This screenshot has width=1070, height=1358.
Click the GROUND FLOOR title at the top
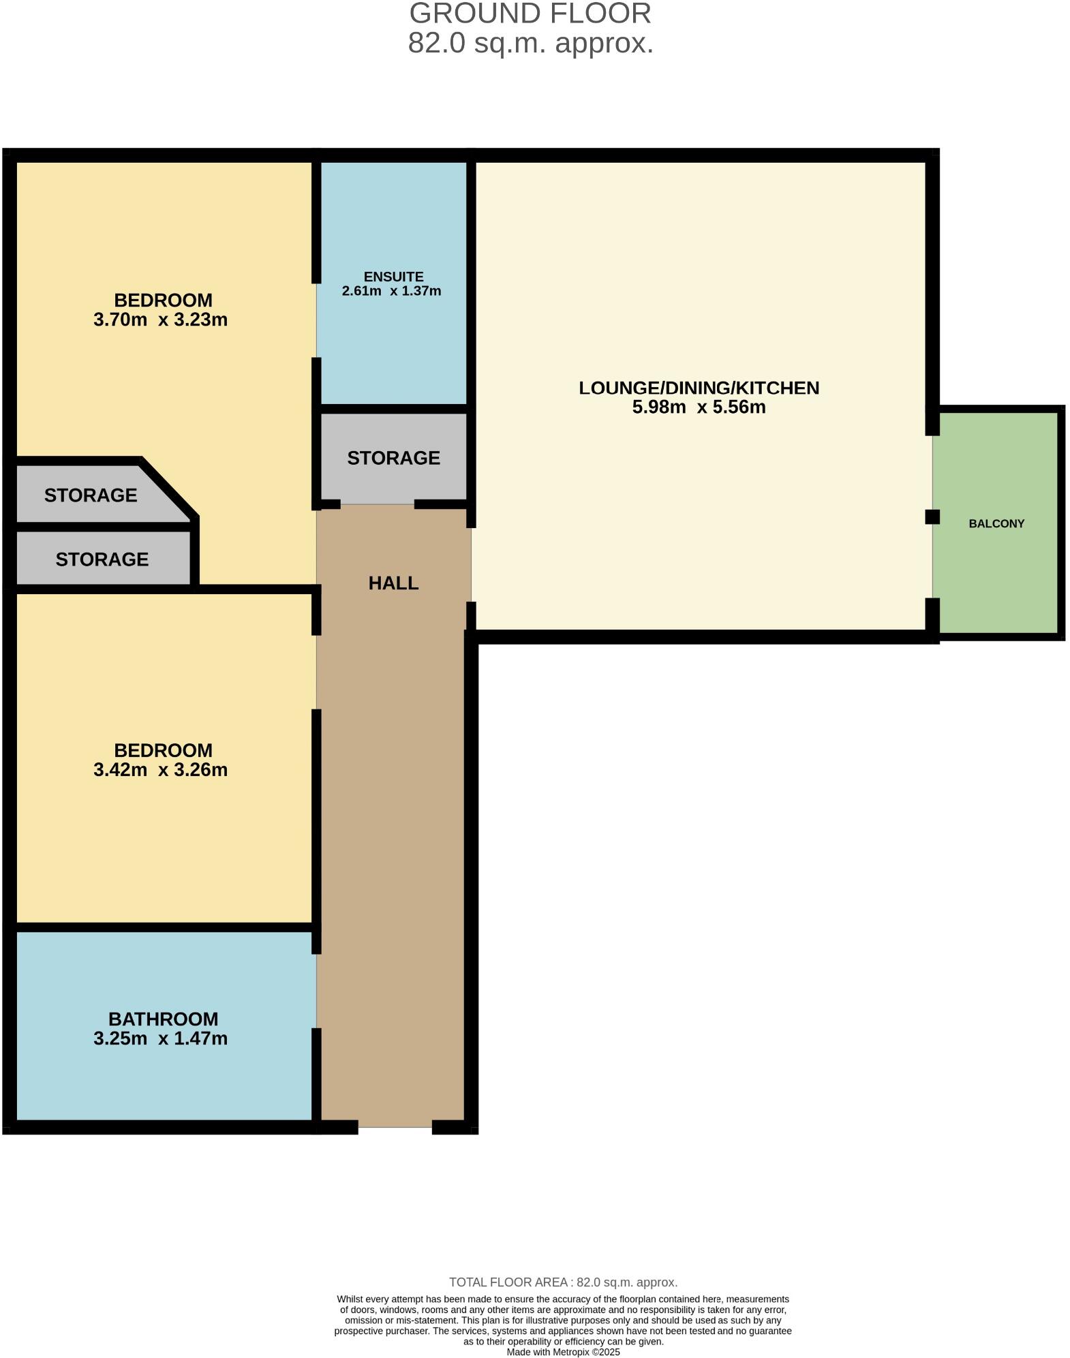coord(530,14)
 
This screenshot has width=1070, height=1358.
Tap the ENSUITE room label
coord(393,277)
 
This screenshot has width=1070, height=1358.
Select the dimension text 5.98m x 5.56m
coord(699,407)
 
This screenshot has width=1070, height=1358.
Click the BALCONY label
coord(996,524)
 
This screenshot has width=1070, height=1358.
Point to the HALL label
coord(393,583)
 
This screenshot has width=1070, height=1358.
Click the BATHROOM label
coord(163,1019)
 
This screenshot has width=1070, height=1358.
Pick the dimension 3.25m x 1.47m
coord(160,1039)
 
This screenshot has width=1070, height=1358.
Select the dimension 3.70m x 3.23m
coord(160,320)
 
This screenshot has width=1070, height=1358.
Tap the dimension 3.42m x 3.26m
coord(160,770)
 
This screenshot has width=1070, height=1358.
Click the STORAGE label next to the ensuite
coord(393,458)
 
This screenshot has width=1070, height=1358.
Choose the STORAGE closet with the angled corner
coord(91,495)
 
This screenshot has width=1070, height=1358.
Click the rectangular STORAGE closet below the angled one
coord(102,559)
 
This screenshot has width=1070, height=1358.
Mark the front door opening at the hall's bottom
coord(395,1128)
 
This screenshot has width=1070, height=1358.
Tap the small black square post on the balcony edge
coord(932,517)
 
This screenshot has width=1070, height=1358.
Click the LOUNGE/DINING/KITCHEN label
coord(699,388)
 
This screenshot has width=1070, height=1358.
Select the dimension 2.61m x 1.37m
coord(391,292)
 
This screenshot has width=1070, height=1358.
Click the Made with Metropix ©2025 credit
coord(563,1353)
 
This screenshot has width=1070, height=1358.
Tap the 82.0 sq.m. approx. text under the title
coord(530,44)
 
